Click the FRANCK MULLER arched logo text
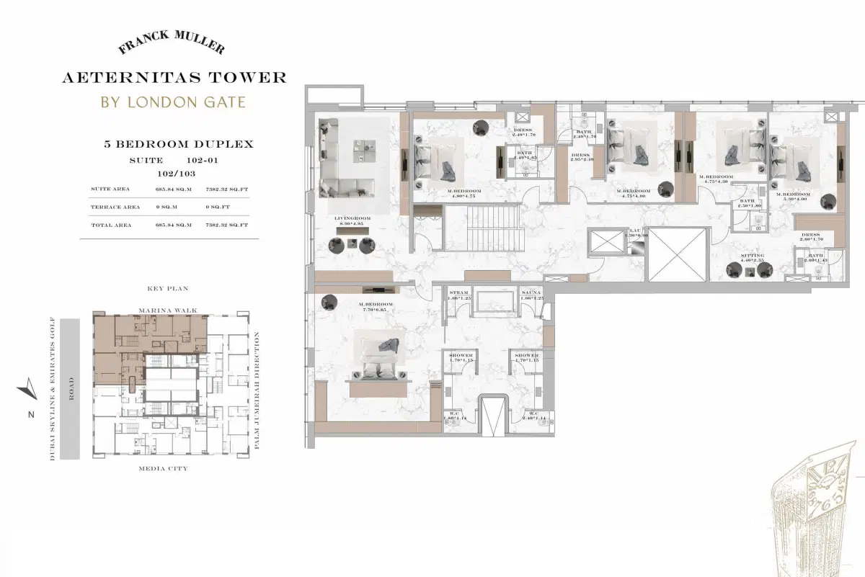click(x=171, y=46)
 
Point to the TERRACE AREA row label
click(x=115, y=207)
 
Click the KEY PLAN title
click(x=167, y=289)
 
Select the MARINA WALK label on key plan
click(x=167, y=310)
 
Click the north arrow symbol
click(x=26, y=390)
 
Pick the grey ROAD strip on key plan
click(x=71, y=389)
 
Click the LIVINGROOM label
click(x=352, y=218)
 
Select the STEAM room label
click(x=459, y=293)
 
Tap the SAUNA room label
click(x=530, y=293)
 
